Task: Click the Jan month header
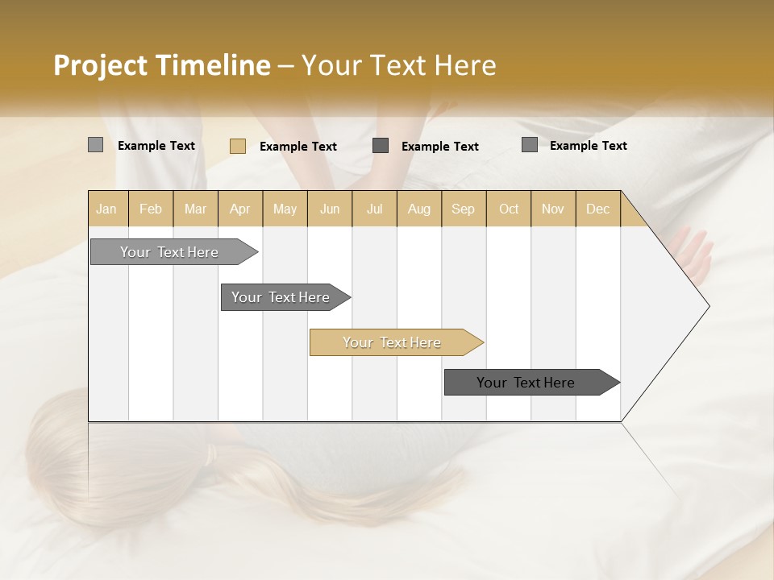pos(107,209)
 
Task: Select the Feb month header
pos(151,209)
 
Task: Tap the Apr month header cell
pos(240,209)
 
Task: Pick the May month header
pos(285,209)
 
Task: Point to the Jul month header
pos(374,209)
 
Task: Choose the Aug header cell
pos(419,209)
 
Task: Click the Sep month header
pos(464,209)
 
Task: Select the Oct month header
pos(509,209)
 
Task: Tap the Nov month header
pos(553,209)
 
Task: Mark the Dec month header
pos(598,209)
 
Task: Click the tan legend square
pos(238,146)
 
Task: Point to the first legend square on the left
pos(96,145)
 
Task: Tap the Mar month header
pos(195,209)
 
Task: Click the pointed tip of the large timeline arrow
pos(707,306)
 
